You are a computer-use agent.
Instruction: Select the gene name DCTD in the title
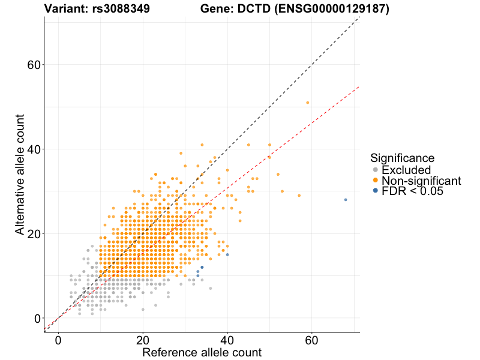click(247, 9)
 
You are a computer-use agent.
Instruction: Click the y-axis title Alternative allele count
click(20, 174)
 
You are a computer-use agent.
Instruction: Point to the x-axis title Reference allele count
click(202, 352)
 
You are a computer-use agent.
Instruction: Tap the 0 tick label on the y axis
click(38, 319)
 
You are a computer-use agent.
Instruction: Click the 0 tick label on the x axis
click(58, 340)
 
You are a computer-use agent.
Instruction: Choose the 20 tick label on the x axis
click(143, 340)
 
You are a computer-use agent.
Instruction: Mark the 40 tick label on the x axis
click(227, 340)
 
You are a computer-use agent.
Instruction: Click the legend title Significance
click(402, 158)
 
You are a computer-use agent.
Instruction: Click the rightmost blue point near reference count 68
click(346, 200)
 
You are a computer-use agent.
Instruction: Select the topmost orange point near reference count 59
click(308, 103)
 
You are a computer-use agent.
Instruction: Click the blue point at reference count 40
click(227, 254)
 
